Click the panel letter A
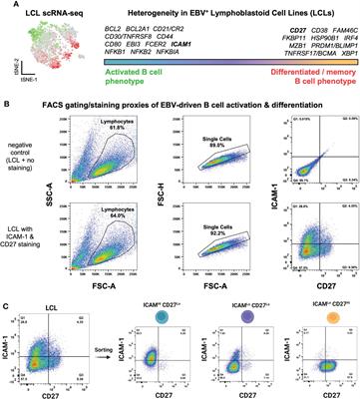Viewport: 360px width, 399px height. coord(5,6)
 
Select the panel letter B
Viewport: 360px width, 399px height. coord(5,101)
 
